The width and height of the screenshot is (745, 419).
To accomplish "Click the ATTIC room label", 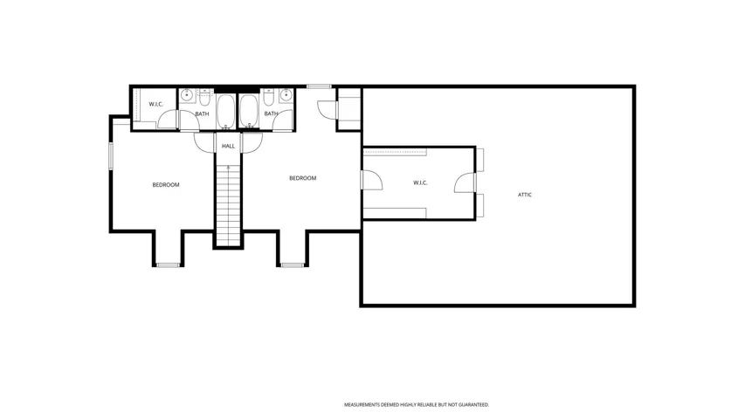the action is coord(525,195).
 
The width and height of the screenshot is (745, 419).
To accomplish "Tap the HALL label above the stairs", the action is coord(228,147).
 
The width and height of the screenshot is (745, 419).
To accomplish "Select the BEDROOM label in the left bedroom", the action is coord(166,185).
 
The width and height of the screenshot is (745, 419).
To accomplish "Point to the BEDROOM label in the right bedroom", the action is coord(303,178).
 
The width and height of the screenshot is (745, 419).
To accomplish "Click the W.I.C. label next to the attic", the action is coord(420,183).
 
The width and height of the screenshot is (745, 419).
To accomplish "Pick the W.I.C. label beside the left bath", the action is coord(155,104).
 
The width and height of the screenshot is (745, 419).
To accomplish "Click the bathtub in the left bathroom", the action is coord(225,112).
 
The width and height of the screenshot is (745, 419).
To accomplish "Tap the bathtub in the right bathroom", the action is coord(249,112).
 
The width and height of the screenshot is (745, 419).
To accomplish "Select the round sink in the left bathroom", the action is coord(187,95).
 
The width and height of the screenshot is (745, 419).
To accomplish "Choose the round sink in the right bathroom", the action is coord(286,95).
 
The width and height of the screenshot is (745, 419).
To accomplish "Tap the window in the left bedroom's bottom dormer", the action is coord(168,265).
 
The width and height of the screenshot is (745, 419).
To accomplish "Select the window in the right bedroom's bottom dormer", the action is coord(293,265).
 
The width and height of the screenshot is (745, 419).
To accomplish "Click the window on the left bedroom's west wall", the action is coord(111,156).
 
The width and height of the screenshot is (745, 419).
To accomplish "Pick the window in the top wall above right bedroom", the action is coord(318,86).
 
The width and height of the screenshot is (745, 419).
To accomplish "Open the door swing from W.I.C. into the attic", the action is coord(466,183).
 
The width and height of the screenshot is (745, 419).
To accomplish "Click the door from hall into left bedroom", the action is coord(204,142).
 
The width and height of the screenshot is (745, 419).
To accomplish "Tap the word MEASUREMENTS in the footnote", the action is coord(362,405).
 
